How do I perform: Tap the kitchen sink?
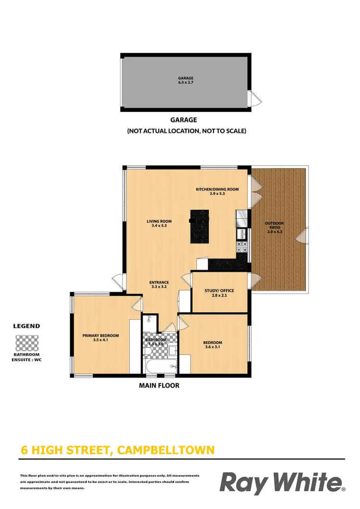[x=242, y=234]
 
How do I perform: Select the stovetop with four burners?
[x=241, y=247]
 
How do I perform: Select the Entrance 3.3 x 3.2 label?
[x=158, y=284]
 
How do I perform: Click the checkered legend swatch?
[x=27, y=343]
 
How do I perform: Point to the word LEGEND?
[x=26, y=326]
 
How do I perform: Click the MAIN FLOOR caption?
[x=159, y=385]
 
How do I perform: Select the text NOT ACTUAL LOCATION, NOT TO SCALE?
[x=186, y=130]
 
